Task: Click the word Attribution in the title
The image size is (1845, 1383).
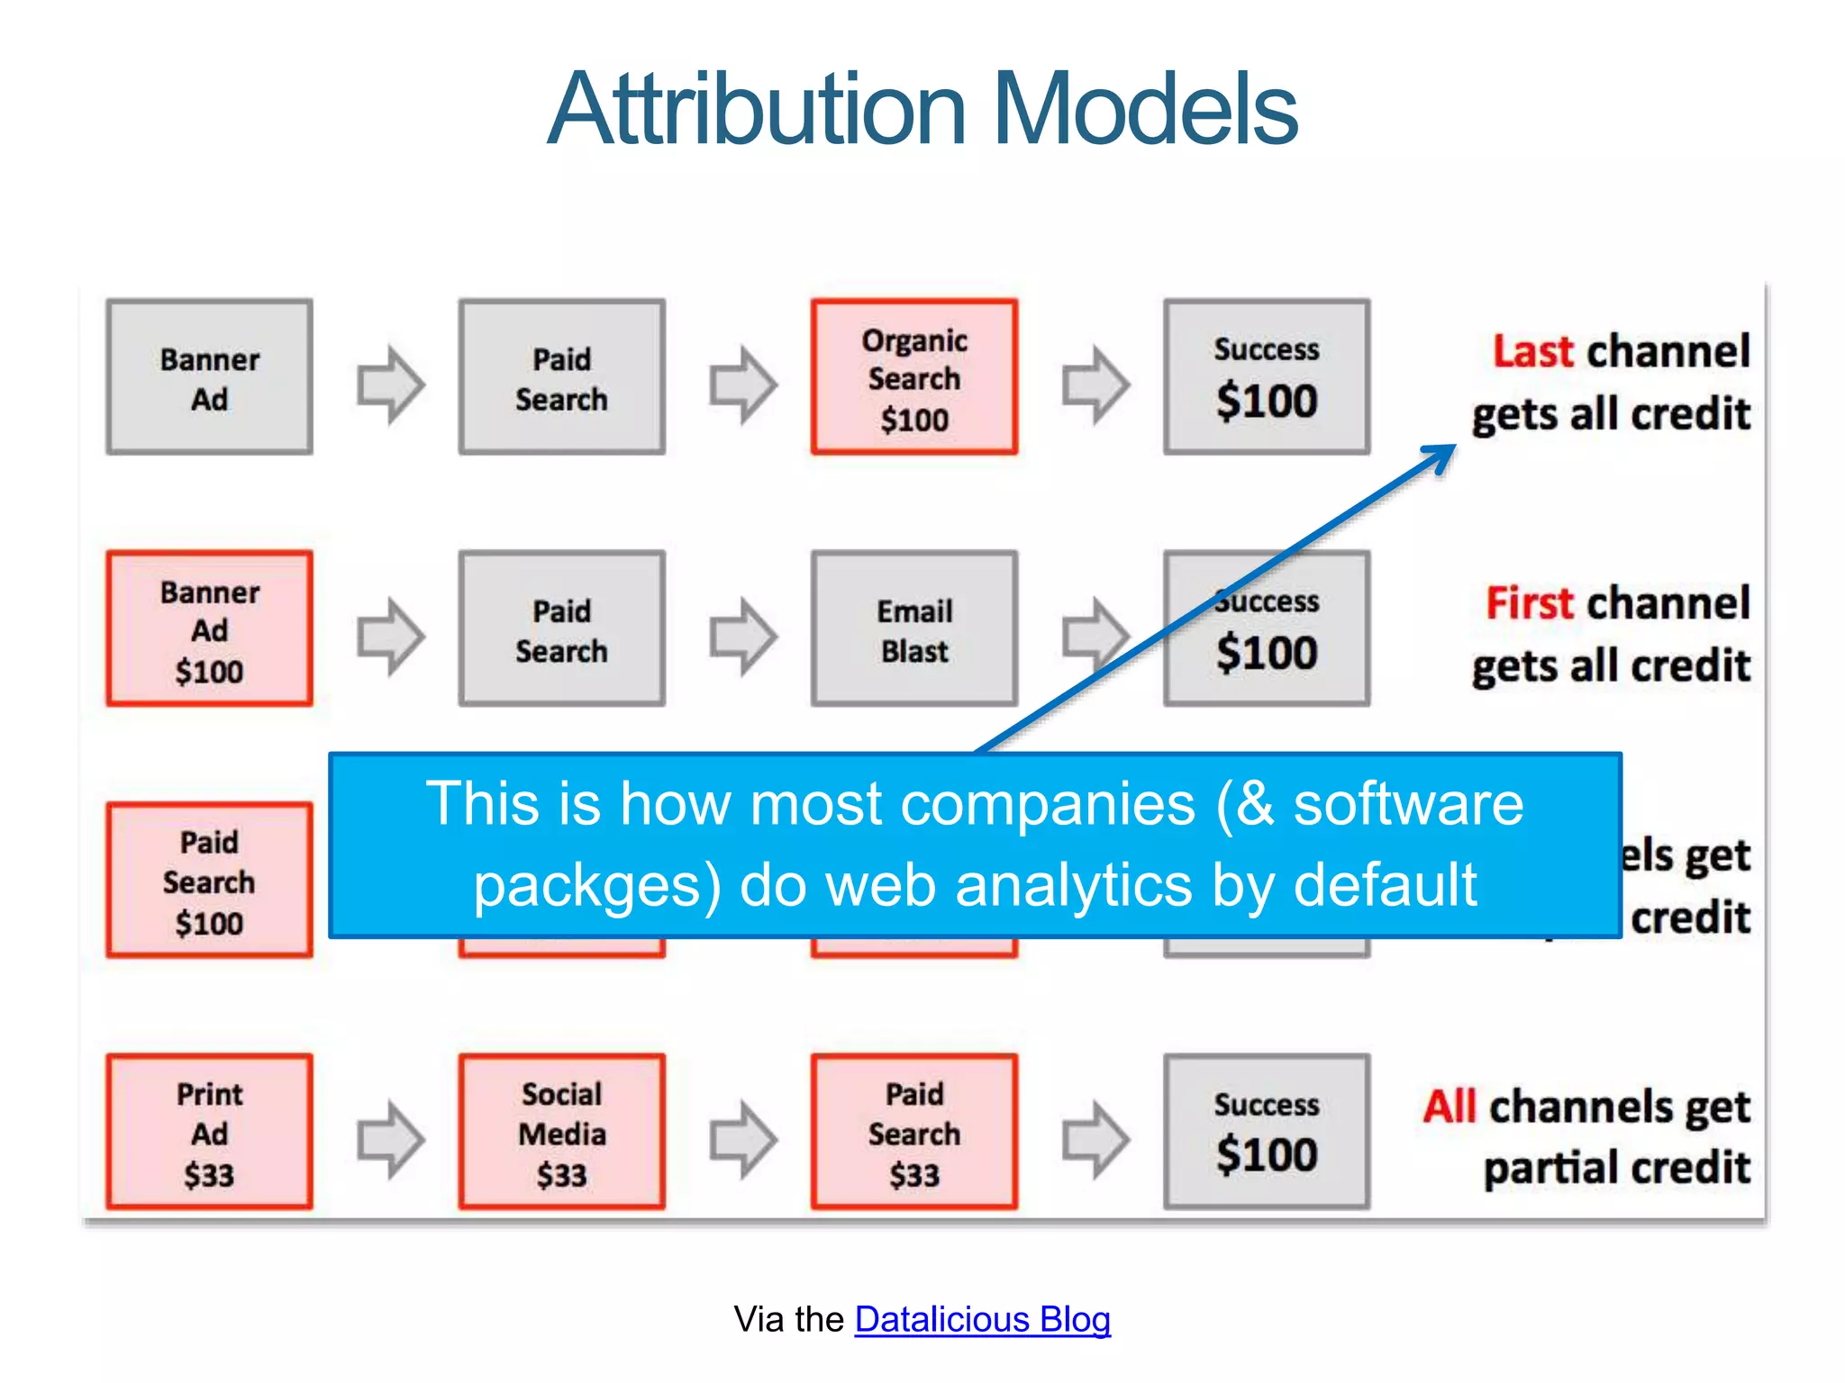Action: (757, 110)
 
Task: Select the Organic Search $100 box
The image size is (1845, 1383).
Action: (913, 377)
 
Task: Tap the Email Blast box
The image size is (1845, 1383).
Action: (913, 629)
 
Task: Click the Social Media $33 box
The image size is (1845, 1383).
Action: (561, 1132)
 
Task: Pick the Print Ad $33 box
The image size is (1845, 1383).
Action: (209, 1132)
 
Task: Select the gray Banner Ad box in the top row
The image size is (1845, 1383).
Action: (209, 377)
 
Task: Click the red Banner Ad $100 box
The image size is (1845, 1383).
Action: (209, 629)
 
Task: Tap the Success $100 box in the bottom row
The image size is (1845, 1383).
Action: (1266, 1132)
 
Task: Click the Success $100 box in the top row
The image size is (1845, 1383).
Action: (1266, 377)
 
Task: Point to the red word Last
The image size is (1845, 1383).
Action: (1532, 351)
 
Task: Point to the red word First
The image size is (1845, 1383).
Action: (1529, 603)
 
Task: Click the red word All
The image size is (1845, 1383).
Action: (1450, 1107)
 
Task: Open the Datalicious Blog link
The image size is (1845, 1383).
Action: (982, 1319)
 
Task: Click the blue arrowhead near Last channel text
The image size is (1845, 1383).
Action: (1441, 455)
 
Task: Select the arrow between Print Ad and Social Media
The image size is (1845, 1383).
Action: (390, 1139)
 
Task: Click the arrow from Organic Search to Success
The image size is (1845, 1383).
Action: (1095, 384)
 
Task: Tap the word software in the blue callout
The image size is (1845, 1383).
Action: (1408, 803)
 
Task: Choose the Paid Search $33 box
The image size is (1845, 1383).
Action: (913, 1132)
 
